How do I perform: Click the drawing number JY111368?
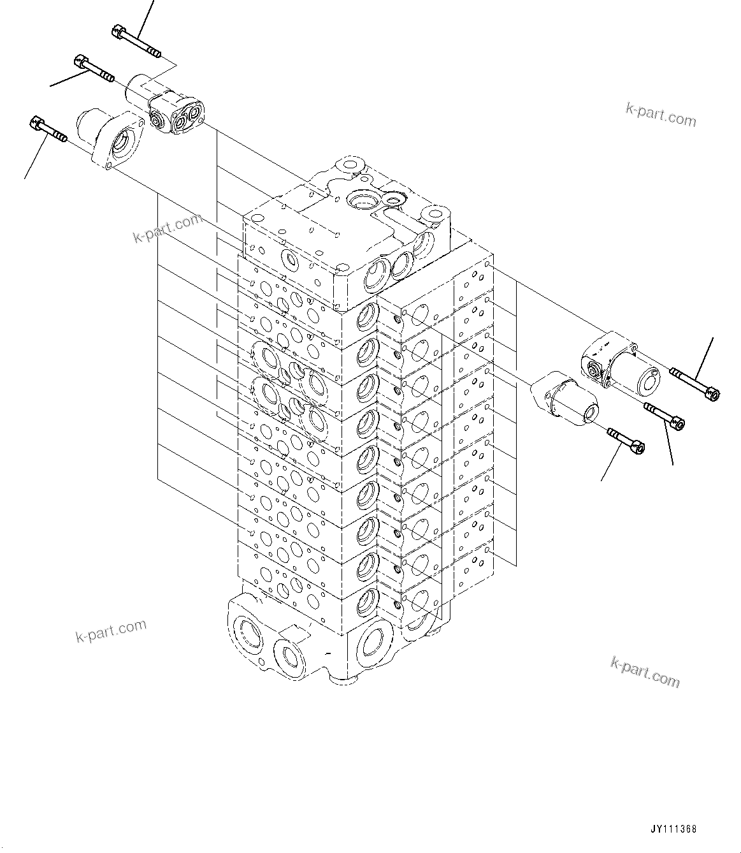(673, 829)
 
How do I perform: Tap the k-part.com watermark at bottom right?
(645, 672)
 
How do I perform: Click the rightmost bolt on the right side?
(695, 383)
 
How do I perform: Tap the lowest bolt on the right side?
(626, 439)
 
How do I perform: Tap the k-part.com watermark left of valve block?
(167, 228)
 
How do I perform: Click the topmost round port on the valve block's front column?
(368, 315)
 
